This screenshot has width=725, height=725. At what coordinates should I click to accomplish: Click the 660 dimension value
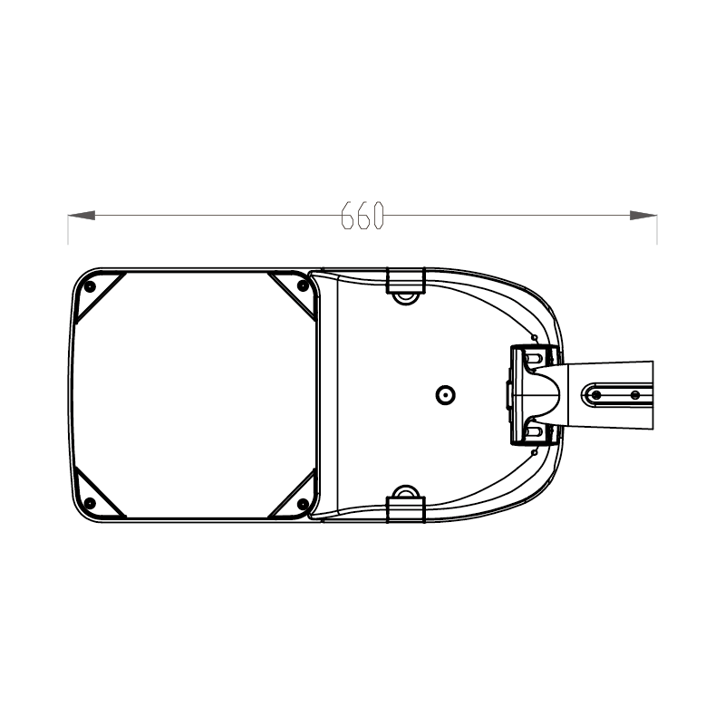tap(363, 215)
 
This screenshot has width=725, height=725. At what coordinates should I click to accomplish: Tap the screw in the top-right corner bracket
tap(302, 286)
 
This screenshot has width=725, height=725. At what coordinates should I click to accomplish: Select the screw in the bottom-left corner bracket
tap(90, 504)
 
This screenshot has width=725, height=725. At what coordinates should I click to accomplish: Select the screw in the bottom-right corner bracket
tap(302, 504)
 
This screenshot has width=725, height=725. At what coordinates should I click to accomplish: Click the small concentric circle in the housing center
tap(445, 395)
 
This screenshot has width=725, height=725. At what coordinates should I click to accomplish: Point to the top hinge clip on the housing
tap(405, 283)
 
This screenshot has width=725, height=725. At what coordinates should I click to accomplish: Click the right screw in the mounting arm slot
tap(634, 395)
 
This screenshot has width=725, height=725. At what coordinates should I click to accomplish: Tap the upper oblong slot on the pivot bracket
tap(533, 363)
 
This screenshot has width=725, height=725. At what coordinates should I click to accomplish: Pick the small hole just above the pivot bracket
tap(535, 338)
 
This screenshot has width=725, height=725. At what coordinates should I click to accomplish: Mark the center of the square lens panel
tap(195, 395)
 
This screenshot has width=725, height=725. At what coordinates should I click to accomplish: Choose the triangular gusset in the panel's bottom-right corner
tap(295, 498)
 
